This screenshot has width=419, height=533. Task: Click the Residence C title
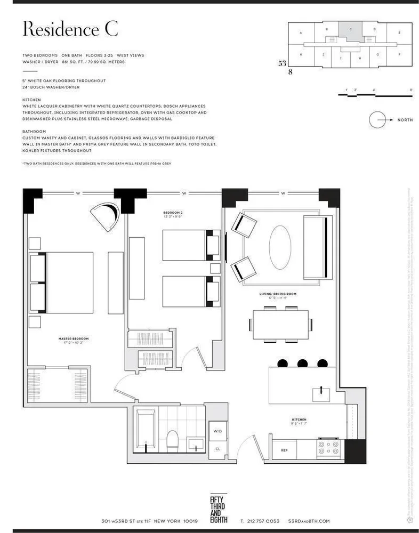click(x=70, y=30)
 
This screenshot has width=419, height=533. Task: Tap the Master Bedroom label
click(x=74, y=340)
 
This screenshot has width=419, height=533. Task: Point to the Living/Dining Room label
click(x=276, y=295)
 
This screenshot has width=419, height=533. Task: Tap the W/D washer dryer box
click(x=217, y=431)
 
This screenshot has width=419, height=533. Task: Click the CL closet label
click(x=217, y=449)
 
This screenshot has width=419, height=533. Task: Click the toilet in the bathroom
click(x=172, y=440)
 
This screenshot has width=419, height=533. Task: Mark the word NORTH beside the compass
click(x=405, y=120)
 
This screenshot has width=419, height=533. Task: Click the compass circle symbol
click(x=377, y=119)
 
